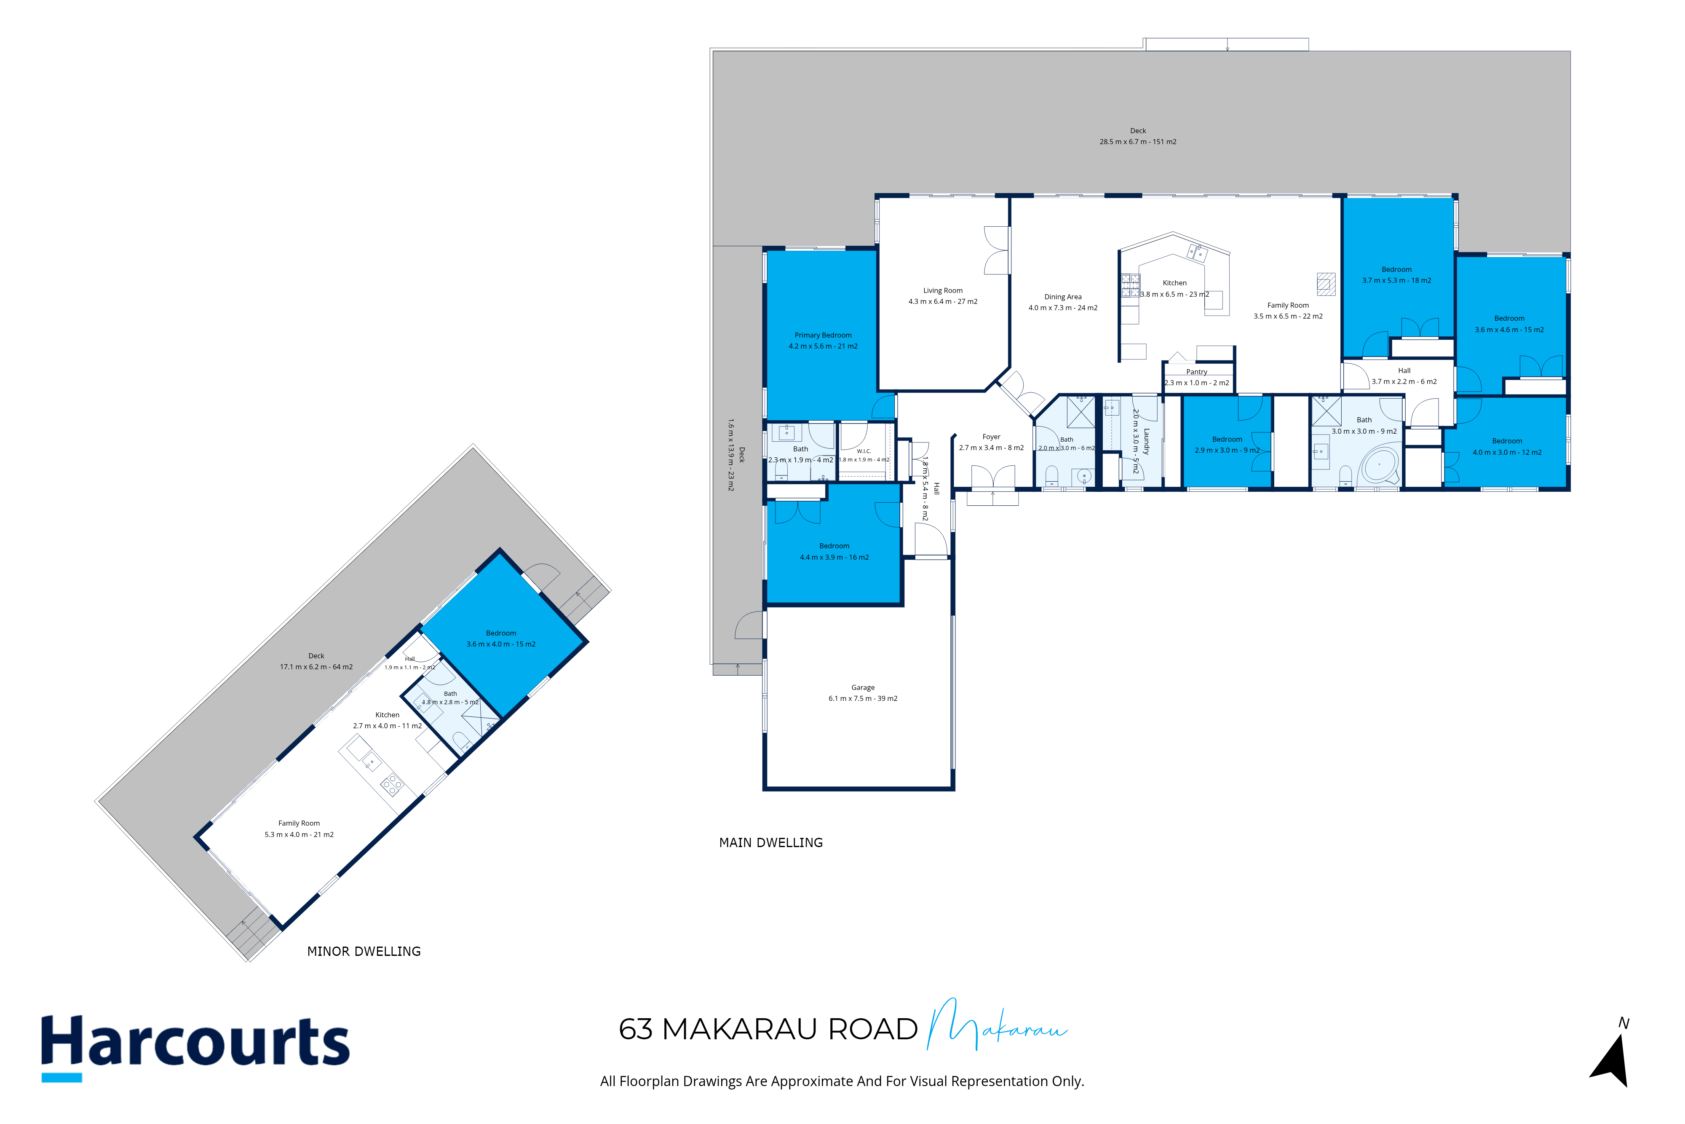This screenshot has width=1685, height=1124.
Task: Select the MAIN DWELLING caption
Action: click(771, 843)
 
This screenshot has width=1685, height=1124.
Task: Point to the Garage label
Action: click(863, 687)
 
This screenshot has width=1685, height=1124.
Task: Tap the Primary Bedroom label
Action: click(823, 335)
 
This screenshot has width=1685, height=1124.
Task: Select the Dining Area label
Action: click(1063, 297)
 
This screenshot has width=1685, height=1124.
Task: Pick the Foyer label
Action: click(992, 437)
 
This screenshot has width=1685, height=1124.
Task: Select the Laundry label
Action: click(1146, 442)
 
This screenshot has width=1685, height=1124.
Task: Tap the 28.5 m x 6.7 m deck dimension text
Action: click(1138, 142)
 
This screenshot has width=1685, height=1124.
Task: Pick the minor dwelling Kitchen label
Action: click(388, 715)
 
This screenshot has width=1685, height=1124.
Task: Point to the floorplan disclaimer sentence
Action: click(842, 1081)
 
